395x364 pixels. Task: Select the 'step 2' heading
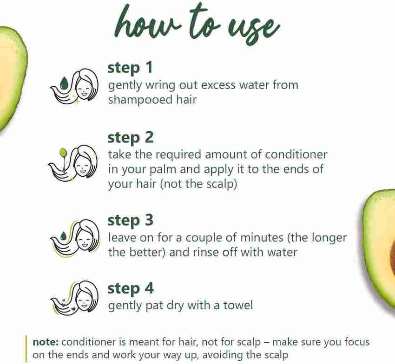(130, 138)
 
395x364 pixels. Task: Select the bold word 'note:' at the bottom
(46, 342)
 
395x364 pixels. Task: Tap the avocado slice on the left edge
(10, 79)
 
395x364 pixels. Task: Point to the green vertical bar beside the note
(26, 349)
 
